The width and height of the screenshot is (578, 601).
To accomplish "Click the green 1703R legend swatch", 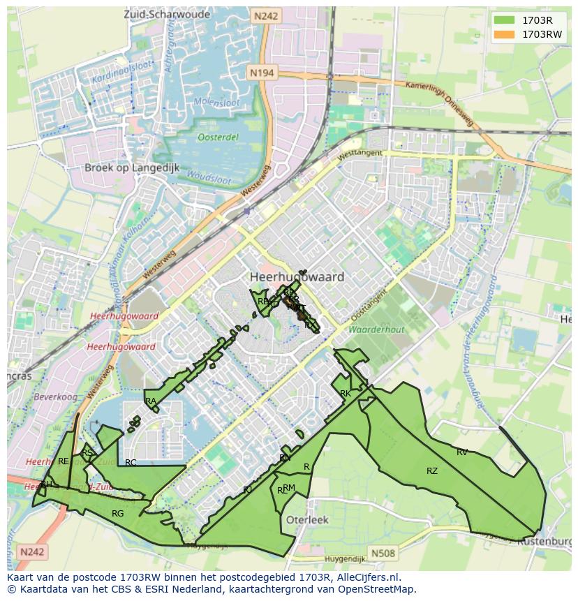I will click(x=503, y=20).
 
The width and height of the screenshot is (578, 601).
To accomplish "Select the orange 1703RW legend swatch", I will click(x=503, y=34).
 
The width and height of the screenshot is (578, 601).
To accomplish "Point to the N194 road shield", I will click(x=262, y=72).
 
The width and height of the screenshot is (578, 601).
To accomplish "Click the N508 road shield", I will click(x=383, y=554).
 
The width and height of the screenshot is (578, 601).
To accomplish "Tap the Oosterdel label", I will click(x=217, y=138).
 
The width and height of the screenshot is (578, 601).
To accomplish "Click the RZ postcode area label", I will click(x=432, y=471).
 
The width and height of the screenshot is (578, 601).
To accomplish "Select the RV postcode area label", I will click(x=462, y=452).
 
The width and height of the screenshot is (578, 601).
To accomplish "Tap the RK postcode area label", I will click(x=345, y=394).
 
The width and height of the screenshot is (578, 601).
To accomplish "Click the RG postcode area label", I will click(x=117, y=514).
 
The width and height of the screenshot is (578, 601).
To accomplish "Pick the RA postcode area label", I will click(x=151, y=401).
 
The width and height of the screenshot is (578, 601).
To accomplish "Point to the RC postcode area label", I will click(x=131, y=462).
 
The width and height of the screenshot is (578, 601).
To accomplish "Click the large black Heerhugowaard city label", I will click(x=297, y=277).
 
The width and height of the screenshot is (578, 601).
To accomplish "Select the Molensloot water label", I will click(x=216, y=102).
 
